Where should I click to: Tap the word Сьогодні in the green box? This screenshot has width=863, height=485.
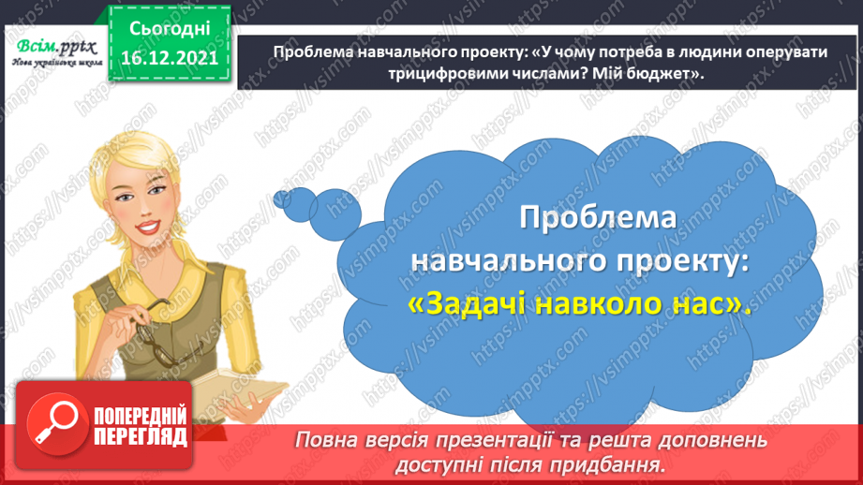(x=165, y=31)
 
